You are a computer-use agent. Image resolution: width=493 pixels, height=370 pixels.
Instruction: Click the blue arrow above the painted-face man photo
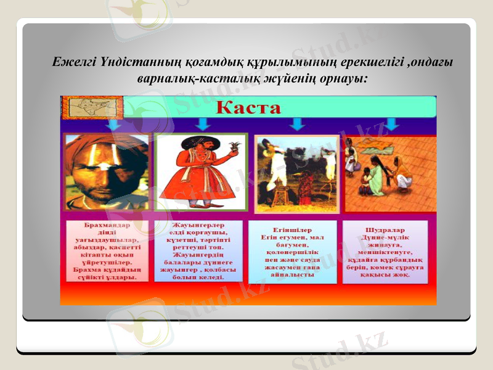click(113, 125)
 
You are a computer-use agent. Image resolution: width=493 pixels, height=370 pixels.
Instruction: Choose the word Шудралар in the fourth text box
click(386, 230)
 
